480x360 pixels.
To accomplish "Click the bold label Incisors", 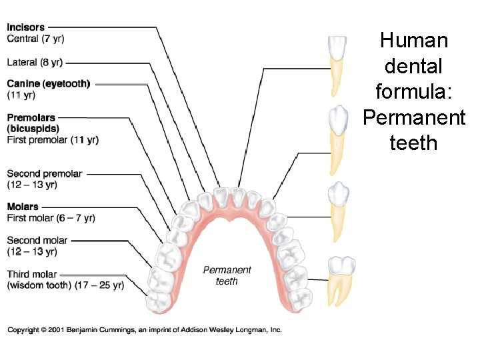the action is coord(26,27).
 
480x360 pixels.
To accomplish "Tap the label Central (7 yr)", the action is coord(35,39).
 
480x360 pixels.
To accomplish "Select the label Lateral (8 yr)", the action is coord(35,62).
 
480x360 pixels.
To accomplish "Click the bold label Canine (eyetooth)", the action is coord(48,83).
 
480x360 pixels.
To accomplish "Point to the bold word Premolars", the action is coord(31,118).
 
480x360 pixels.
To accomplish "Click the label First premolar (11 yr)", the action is coord(53,140).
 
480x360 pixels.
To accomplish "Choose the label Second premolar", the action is coord(45,173).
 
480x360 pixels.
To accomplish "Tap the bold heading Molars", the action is coord(23,207).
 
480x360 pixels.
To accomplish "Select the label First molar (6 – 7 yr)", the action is coord(51,218).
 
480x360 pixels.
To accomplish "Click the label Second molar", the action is coord(37,240).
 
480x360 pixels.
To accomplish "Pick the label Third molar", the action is coord(32,274).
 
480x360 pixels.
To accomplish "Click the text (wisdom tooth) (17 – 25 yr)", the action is coord(65,285).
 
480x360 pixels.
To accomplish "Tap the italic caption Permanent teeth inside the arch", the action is coord(227,275).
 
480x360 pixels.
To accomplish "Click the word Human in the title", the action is coord(413,41).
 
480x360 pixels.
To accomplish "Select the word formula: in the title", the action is coord(413,91).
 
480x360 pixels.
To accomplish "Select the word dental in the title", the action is coord(413,66).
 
